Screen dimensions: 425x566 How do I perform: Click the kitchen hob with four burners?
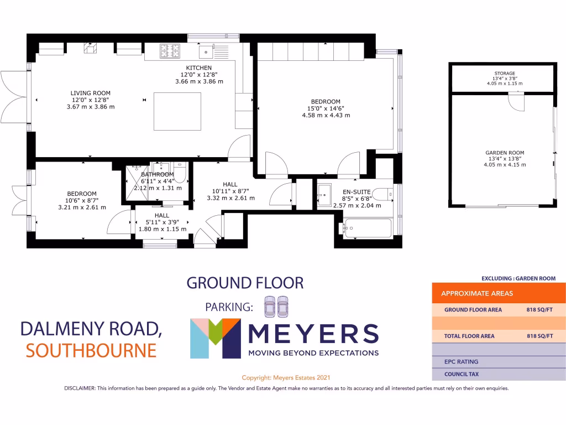pyautogui.click(x=167, y=51)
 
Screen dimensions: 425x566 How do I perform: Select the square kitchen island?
pyautogui.click(x=177, y=111)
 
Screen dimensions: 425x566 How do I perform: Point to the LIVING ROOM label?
pyautogui.click(x=90, y=93)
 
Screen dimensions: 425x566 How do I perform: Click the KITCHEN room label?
pyautogui.click(x=198, y=68)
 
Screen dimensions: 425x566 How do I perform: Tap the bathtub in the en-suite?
pyautogui.click(x=366, y=227)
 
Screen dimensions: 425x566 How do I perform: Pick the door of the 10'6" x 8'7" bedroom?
pyautogui.click(x=118, y=224)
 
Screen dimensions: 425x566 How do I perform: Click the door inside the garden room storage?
pyautogui.click(x=516, y=101)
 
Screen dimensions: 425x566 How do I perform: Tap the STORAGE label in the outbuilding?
pyautogui.click(x=504, y=74)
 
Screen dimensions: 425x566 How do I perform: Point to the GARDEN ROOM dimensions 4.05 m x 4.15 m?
pyautogui.click(x=504, y=164)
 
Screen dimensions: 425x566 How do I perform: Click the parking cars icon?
pyautogui.click(x=276, y=307)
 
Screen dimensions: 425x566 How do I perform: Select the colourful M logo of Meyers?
pyautogui.click(x=214, y=338)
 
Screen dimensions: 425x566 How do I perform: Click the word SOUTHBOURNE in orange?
pyautogui.click(x=91, y=350)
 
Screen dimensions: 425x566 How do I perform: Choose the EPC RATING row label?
pyautogui.click(x=461, y=362)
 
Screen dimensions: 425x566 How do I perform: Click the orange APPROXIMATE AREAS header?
pyautogui.click(x=477, y=293)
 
